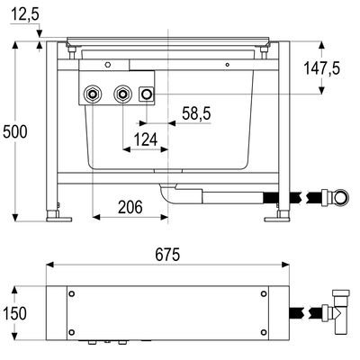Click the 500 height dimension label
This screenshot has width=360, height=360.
pyautogui.click(x=15, y=131)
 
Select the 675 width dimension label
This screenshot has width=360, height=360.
pyautogui.click(x=167, y=255)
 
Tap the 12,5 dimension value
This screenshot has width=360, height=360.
pyautogui.click(x=25, y=14)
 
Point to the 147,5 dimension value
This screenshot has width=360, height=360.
pyautogui.click(x=322, y=68)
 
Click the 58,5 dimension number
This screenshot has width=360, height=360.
pyautogui.click(x=196, y=113)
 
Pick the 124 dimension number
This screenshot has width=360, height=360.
pyautogui.click(x=146, y=139)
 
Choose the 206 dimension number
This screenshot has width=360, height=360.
pyautogui.click(x=130, y=207)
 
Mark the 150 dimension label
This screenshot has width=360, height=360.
pyautogui.click(x=14, y=313)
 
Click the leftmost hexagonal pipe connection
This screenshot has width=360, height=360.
pyautogui.click(x=93, y=94)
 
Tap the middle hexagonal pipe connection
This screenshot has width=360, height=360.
pyautogui.click(x=122, y=94)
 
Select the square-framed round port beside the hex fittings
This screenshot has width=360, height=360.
pyautogui.click(x=147, y=94)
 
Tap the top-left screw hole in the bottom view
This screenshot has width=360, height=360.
pyautogui.click(x=71, y=293)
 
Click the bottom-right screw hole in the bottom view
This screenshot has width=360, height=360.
pyautogui.click(x=264, y=332)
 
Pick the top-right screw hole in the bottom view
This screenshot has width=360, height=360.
pyautogui.click(x=264, y=293)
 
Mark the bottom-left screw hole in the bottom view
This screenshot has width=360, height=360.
pyautogui.click(x=71, y=332)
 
